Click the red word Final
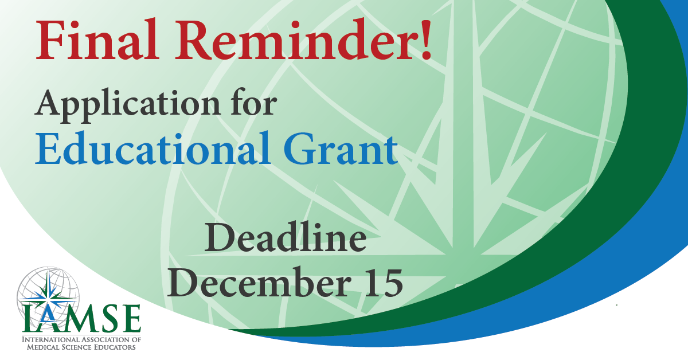97,39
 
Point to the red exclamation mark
425,39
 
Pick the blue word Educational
153,148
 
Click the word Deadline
286,237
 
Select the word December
259,281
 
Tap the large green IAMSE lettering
81,319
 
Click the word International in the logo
50,340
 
